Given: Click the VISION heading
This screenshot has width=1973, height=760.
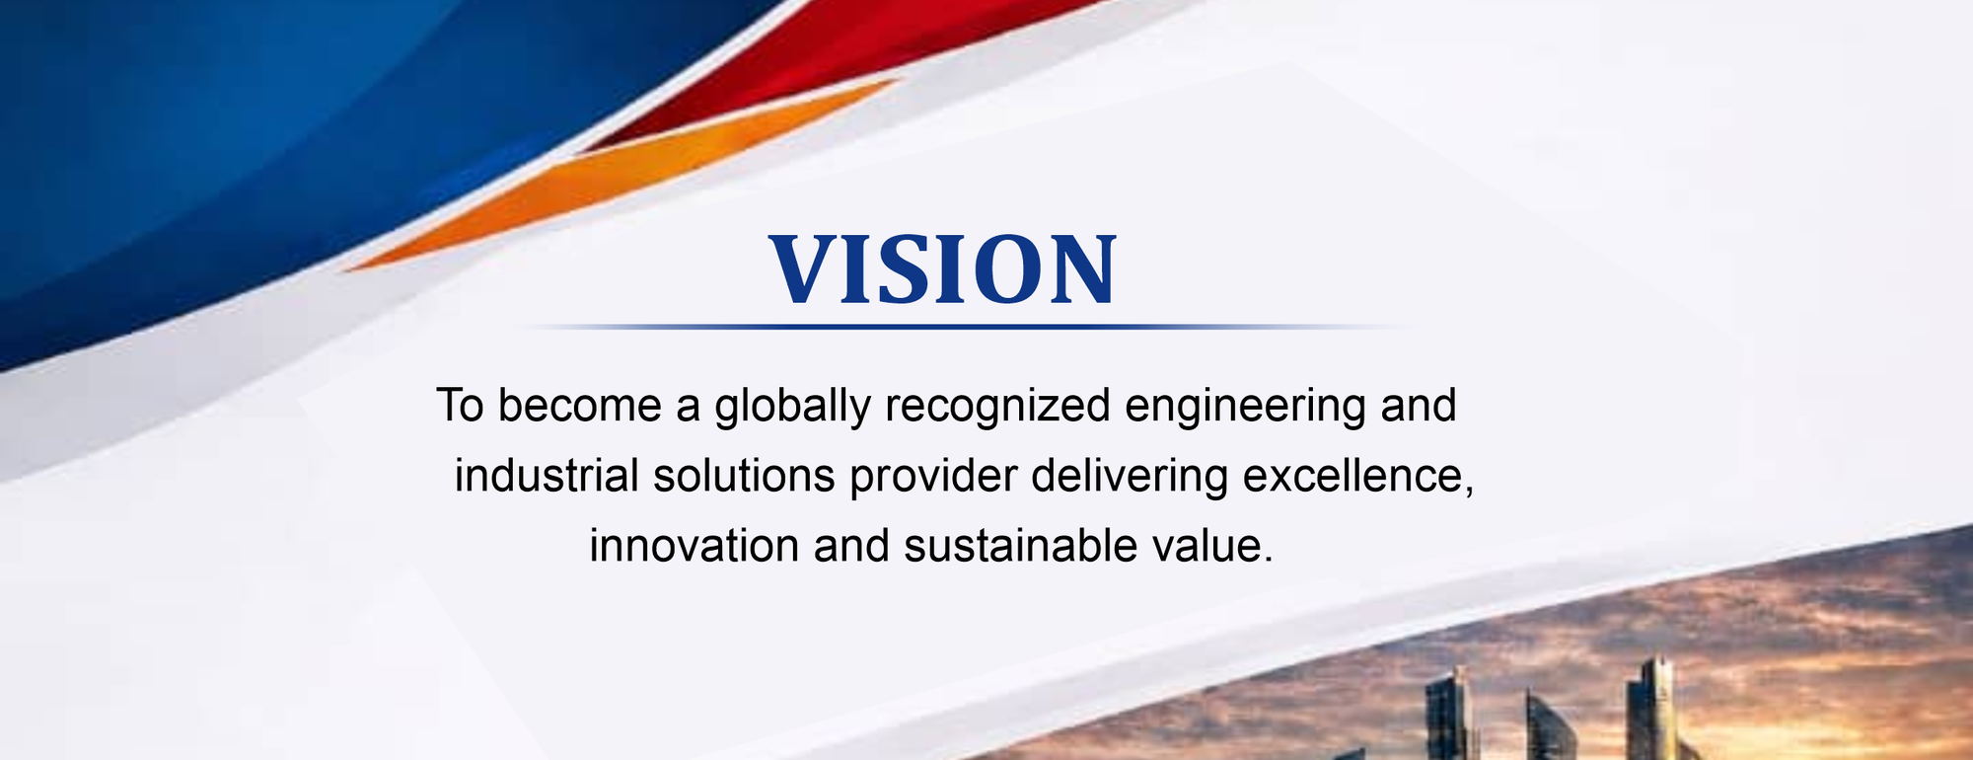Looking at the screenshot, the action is [x=943, y=268].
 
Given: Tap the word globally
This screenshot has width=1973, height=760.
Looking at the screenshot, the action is [x=793, y=407].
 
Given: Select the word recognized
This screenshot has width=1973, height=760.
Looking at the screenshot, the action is [x=997, y=407].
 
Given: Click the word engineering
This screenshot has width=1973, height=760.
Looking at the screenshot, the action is [x=1245, y=407].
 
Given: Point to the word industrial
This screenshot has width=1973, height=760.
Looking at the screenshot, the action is [x=547, y=475].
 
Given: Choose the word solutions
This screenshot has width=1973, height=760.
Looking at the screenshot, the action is [x=744, y=476].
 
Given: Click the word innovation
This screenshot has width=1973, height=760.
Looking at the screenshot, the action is [x=694, y=546].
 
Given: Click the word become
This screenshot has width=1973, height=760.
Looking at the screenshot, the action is [x=579, y=406].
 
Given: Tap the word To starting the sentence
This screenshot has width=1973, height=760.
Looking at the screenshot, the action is [x=460, y=406].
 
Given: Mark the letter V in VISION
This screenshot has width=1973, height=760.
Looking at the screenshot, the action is [x=801, y=268].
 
